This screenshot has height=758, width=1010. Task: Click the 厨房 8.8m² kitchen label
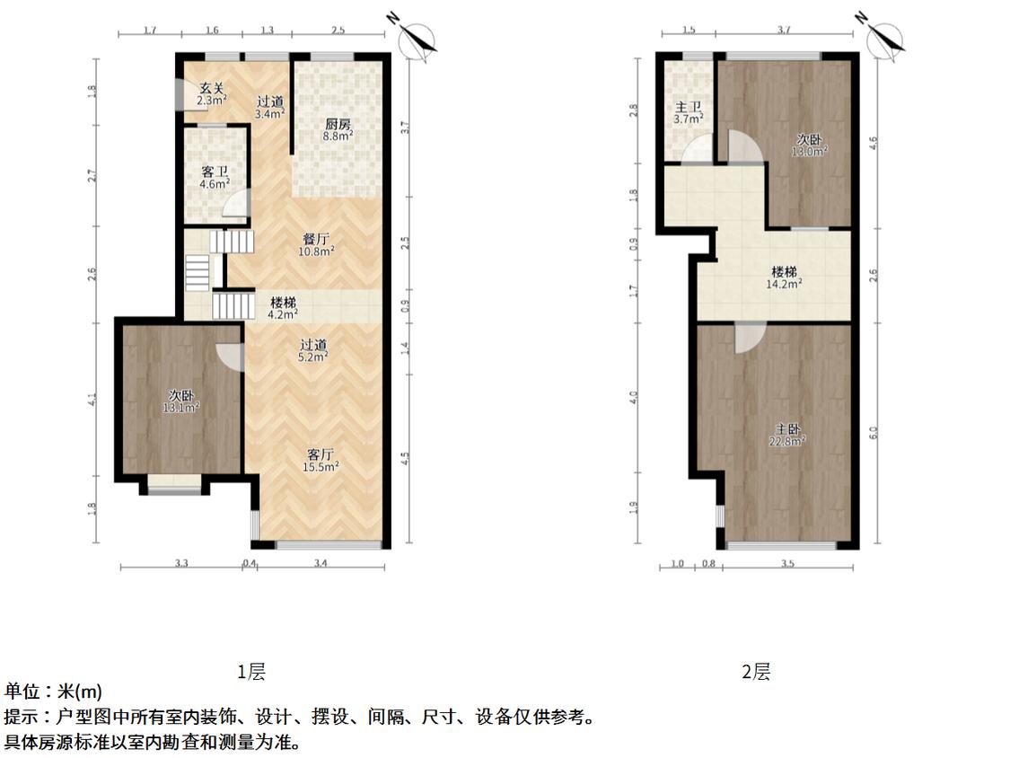[x=338, y=129]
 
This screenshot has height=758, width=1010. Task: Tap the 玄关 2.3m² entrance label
[x=212, y=94]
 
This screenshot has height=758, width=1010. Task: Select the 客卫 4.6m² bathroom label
[x=215, y=177]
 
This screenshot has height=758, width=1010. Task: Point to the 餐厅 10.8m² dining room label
[x=316, y=245]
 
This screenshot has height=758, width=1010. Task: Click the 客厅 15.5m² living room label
[x=321, y=461]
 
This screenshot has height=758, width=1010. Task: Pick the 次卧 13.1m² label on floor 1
[x=181, y=401]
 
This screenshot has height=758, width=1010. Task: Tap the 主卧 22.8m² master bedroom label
[x=787, y=435]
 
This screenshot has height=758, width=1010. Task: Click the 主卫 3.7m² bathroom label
[x=688, y=113]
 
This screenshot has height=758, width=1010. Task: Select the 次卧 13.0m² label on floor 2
[x=810, y=145]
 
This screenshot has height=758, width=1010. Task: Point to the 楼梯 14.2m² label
[x=784, y=278]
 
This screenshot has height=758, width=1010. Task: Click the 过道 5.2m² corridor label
[x=313, y=350]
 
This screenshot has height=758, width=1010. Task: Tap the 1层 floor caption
[x=251, y=672]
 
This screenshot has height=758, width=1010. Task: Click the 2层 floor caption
[x=756, y=672]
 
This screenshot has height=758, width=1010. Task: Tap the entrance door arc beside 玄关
[x=180, y=94]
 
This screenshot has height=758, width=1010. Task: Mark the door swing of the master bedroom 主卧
[x=749, y=337]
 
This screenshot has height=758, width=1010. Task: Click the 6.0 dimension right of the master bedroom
[x=874, y=433]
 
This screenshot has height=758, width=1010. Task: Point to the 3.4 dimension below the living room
[x=321, y=563]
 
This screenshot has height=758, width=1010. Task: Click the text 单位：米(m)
[x=53, y=692]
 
